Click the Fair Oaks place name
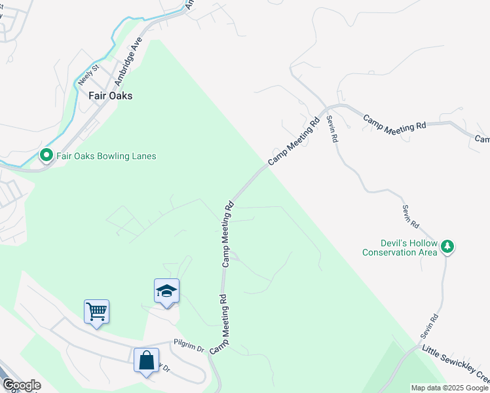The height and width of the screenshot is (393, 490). tap(110, 96)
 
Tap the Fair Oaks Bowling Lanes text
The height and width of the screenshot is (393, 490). tap(106, 156)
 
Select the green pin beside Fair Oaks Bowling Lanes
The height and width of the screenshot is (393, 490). tap(46, 156)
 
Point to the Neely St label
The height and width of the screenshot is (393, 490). tap(87, 75)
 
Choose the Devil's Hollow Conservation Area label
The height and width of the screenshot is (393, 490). tap(400, 248)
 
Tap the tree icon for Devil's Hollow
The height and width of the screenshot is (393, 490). tap(447, 247)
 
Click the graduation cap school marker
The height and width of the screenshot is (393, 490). tap(166, 291)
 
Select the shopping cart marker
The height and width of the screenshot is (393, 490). tap(96, 312)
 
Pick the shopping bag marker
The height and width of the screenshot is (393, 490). tap(146, 360)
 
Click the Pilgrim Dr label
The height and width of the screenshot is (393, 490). tap(189, 343)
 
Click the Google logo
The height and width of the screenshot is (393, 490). tap(22, 385)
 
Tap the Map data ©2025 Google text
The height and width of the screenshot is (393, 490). tap(449, 388)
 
